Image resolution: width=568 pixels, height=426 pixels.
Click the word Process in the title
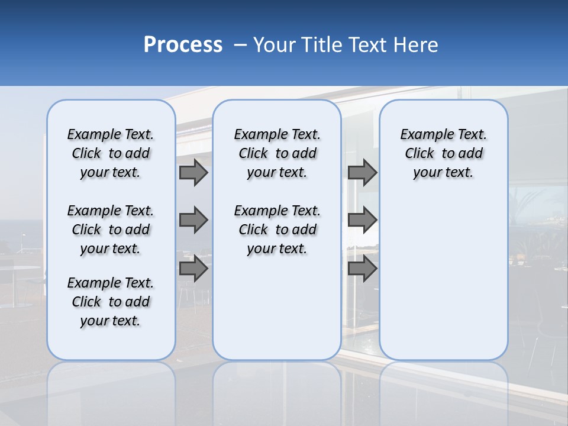click(x=183, y=45)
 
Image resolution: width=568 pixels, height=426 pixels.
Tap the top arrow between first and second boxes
click(x=193, y=172)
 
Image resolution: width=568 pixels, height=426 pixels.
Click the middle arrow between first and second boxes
click(x=193, y=220)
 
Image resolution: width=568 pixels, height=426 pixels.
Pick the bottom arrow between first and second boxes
click(x=193, y=269)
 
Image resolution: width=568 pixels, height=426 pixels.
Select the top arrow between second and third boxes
click(x=362, y=172)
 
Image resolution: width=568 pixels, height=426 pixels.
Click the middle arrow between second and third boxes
click(x=362, y=220)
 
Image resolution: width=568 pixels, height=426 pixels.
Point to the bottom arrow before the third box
click(x=362, y=269)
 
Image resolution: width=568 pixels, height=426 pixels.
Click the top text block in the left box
click(x=111, y=153)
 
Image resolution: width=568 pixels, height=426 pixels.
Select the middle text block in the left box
click(x=111, y=230)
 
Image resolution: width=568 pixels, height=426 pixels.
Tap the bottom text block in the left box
click(x=111, y=302)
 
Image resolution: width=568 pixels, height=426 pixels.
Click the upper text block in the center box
click(x=277, y=153)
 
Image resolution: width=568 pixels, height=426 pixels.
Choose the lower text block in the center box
click(x=277, y=230)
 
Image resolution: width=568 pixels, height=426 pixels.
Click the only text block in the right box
click(x=443, y=153)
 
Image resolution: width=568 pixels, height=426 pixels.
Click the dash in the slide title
click(x=240, y=45)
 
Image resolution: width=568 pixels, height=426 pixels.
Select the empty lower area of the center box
click(x=277, y=308)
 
